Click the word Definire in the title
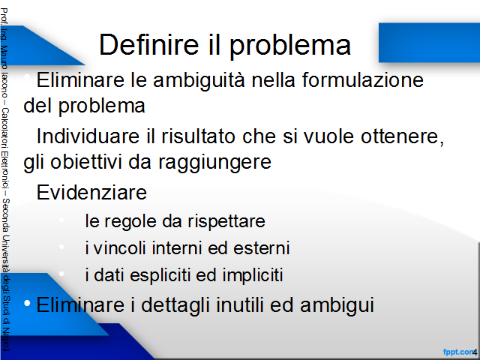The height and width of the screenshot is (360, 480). [x=149, y=45]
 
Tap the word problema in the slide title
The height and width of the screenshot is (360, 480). [x=290, y=46]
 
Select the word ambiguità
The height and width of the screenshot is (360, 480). [x=199, y=81]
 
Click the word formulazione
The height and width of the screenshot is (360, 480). [x=363, y=80]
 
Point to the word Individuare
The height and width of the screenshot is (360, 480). [x=88, y=136]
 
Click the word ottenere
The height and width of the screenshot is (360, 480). [x=402, y=136]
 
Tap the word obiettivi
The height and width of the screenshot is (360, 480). [x=86, y=161]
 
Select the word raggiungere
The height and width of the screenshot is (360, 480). [x=214, y=163]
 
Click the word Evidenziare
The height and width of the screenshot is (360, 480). [x=91, y=192]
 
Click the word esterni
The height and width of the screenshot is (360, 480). [x=262, y=248]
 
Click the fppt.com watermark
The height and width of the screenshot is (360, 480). [x=458, y=352]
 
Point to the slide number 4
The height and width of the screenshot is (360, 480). [x=475, y=352]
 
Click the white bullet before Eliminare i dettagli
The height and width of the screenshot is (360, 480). [x=27, y=303]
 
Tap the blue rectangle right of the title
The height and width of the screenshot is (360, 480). [x=429, y=43]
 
